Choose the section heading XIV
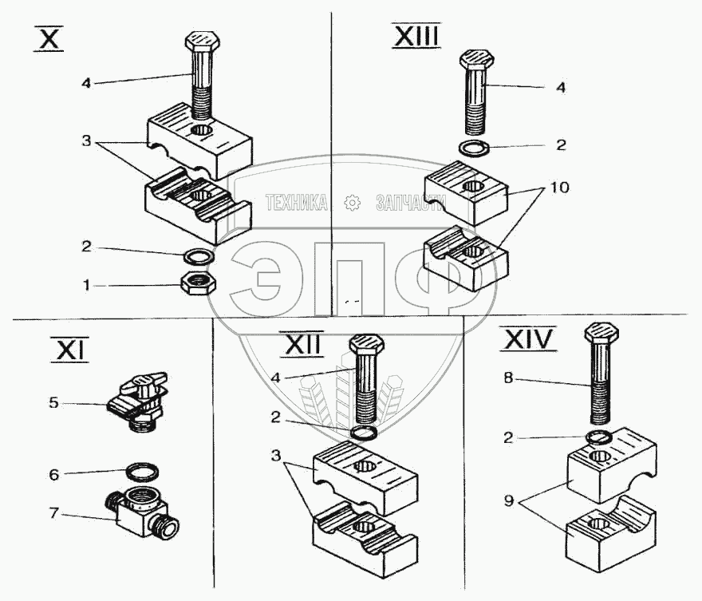coord(527,340)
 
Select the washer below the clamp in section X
coord(199,257)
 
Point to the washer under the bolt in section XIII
coord(475,147)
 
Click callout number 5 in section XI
coord(53,403)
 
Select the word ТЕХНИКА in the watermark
coord(296,203)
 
